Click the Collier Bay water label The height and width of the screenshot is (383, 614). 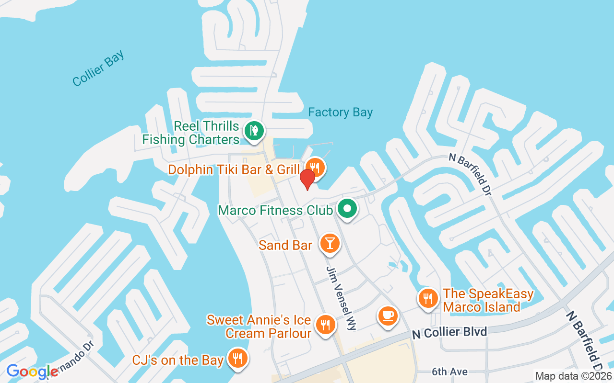coord(98,68)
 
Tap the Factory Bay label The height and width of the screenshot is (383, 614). coord(340,113)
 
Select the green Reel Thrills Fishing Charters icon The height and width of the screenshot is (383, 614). coord(254,130)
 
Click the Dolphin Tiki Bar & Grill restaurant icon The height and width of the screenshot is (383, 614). coord(315,168)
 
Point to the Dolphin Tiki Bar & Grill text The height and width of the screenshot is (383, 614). coord(235,169)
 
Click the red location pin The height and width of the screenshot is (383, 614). coord(307,179)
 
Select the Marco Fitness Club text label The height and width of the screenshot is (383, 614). coord(275,211)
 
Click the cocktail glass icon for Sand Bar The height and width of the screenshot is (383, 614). coord(329,244)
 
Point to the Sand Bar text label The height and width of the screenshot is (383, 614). coord(285,246)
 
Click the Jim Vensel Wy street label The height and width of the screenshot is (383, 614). coord(342,298)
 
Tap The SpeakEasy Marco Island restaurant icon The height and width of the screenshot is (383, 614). coord(428,299)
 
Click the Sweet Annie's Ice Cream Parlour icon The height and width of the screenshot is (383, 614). coord(325,325)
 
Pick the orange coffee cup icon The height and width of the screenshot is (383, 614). coord(388,316)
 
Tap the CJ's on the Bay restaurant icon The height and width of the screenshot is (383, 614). coord(236,358)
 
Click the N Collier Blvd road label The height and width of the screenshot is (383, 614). coord(449,332)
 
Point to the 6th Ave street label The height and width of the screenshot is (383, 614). coord(449,372)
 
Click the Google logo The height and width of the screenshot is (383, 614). coord(32,372)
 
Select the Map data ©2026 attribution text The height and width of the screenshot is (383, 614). coord(574,376)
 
